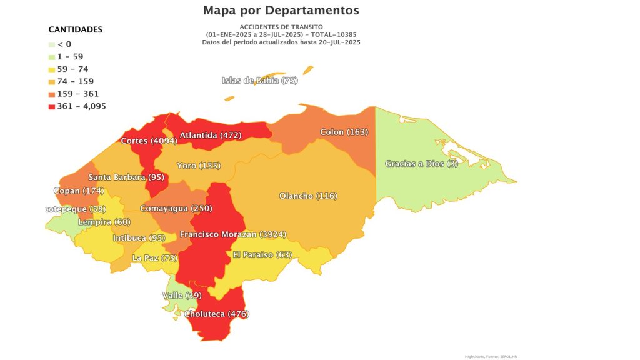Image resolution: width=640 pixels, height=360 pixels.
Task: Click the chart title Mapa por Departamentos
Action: tap(281, 11)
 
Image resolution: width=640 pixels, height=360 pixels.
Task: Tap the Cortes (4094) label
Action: tap(149, 141)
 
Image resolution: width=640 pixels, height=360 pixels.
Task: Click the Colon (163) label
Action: tap(344, 132)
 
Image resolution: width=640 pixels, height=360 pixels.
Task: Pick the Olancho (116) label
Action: tap(307, 196)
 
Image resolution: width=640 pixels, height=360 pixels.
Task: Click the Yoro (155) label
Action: tap(198, 166)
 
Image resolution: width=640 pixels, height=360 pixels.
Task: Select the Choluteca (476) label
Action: tap(216, 314)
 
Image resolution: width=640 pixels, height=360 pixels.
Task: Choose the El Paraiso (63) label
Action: tap(262, 254)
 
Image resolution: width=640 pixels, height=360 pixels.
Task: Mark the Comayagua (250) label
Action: tap(176, 208)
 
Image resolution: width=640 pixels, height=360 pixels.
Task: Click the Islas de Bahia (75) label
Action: tap(260, 81)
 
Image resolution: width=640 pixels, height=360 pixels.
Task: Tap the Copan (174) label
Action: tap(79, 190)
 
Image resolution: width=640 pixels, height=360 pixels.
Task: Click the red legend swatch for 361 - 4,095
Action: tap(52, 106)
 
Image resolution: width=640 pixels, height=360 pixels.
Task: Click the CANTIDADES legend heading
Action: tap(76, 29)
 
